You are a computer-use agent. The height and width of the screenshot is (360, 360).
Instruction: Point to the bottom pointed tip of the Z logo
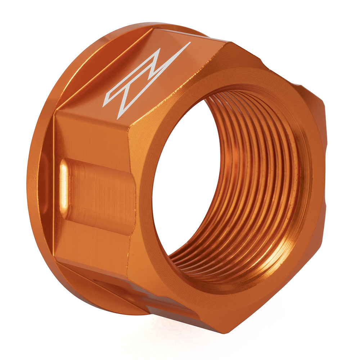(x=118, y=117)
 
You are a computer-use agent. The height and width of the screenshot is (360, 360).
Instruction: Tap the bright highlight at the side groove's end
(x=64, y=184)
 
